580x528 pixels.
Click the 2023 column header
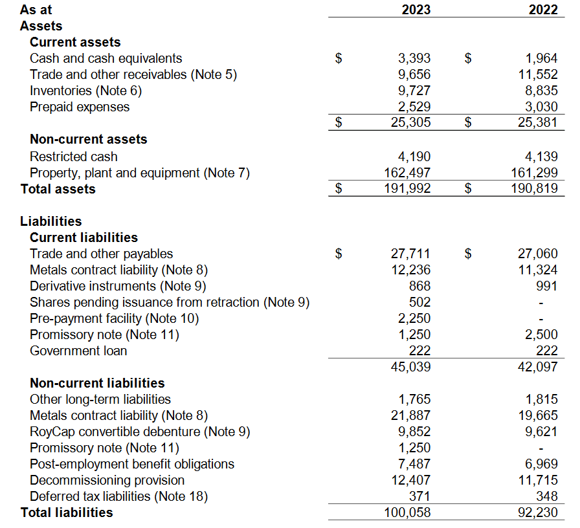click(x=416, y=10)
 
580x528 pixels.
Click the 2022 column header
click(x=543, y=10)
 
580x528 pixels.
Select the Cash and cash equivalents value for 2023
click(x=414, y=58)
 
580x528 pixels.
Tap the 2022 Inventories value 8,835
click(x=542, y=91)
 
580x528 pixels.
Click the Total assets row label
click(x=58, y=189)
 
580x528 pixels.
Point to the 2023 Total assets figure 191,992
click(x=407, y=188)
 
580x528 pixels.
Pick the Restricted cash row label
click(x=74, y=157)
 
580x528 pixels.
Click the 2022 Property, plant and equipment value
click(x=535, y=173)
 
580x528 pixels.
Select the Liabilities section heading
click(x=51, y=221)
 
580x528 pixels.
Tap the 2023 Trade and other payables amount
click(x=410, y=254)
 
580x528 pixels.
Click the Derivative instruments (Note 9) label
click(x=118, y=286)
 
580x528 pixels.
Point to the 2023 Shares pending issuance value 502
click(x=420, y=302)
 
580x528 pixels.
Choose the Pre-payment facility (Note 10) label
click(x=115, y=318)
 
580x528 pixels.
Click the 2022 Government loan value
click(x=547, y=351)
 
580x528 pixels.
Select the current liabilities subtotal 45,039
click(x=410, y=367)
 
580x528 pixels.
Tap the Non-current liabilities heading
click(x=97, y=383)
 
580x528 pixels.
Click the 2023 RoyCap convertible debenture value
click(x=414, y=432)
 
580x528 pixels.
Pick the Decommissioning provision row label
click(x=107, y=480)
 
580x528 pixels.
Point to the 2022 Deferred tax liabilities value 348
click(x=547, y=496)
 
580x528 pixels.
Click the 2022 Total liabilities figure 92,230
click(x=538, y=512)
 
